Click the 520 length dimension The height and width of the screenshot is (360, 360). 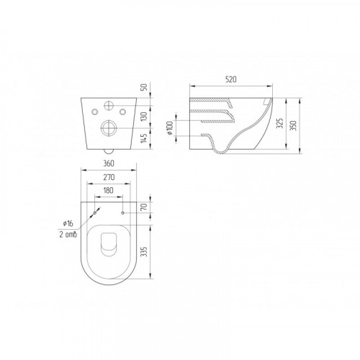231,79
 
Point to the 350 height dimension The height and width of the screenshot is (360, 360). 293,125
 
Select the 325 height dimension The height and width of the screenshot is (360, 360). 280,123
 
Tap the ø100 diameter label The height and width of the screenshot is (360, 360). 170,128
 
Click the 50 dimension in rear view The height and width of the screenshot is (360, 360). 144,87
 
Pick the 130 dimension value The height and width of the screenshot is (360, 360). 144,117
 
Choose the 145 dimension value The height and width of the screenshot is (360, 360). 144,138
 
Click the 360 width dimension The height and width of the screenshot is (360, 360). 109,163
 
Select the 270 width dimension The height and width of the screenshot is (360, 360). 109,177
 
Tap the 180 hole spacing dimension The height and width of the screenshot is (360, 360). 108,190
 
